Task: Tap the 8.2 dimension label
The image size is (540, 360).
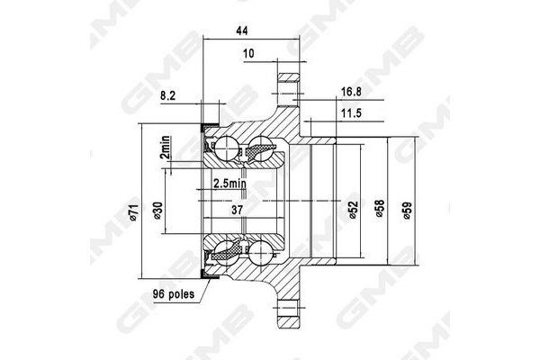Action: (x=167, y=93)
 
